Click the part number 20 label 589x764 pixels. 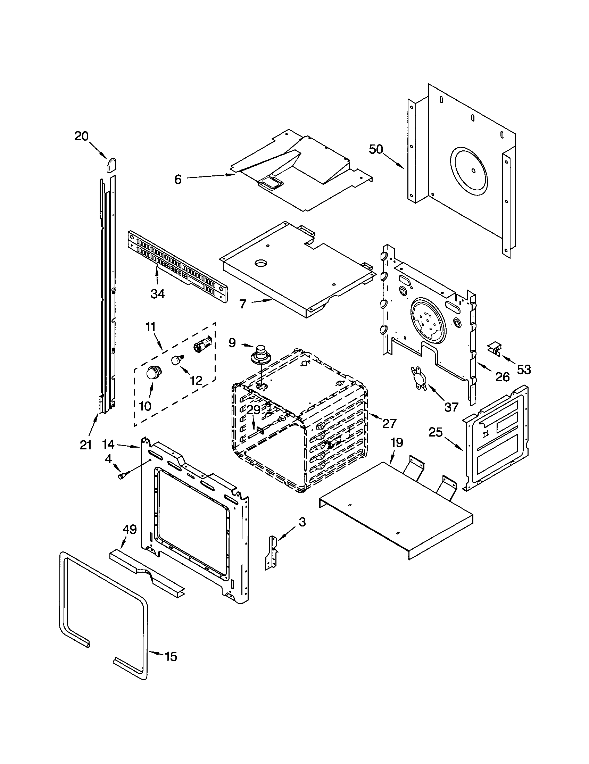click(x=82, y=136)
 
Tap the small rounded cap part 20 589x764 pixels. click(x=111, y=165)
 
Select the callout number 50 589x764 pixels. click(x=376, y=149)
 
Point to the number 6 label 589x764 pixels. click(x=178, y=180)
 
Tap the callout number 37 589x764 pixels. click(x=451, y=407)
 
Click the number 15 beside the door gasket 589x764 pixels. click(x=171, y=657)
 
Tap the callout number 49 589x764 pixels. click(x=130, y=530)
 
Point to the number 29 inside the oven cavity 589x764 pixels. click(x=254, y=410)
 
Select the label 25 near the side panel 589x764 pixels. click(x=436, y=432)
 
